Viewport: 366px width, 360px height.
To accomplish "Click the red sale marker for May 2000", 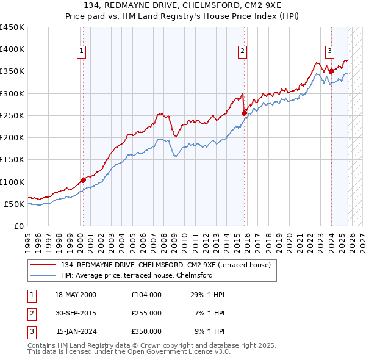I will pyautogui.click(x=83, y=180).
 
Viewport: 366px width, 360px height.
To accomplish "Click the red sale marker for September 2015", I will pyautogui.click(x=244, y=113).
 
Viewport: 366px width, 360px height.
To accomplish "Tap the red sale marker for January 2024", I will pyautogui.click(x=331, y=71).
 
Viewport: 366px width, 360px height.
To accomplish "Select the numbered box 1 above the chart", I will pyautogui.click(x=81, y=51).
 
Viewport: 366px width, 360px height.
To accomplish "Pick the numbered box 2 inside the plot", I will pyautogui.click(x=242, y=51).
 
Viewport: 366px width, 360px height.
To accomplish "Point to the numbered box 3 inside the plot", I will pyautogui.click(x=329, y=51).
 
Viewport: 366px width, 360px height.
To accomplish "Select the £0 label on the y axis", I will pyautogui.click(x=19, y=226).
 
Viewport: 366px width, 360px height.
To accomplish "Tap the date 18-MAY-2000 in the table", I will pyautogui.click(x=76, y=295).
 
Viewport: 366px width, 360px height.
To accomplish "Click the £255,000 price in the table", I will pyautogui.click(x=146, y=313).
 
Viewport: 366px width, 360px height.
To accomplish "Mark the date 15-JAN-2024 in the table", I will pyautogui.click(x=76, y=331).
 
